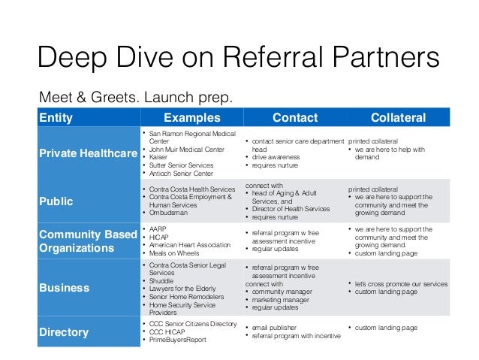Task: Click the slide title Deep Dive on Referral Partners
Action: tap(239, 59)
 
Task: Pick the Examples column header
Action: tap(192, 118)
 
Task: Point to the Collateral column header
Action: tap(398, 118)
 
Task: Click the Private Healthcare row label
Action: tap(88, 153)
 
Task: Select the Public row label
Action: tap(57, 201)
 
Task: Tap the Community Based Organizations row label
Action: tap(88, 241)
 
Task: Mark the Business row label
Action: tap(64, 287)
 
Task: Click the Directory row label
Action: tap(64, 332)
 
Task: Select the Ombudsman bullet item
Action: tap(172, 212)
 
